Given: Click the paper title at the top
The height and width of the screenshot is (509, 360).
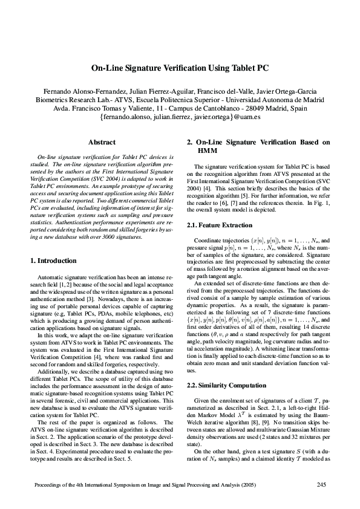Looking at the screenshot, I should [x=180, y=70].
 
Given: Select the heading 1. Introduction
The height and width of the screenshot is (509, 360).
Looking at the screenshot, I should [x=53, y=261].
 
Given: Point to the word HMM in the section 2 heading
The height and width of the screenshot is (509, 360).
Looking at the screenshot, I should [x=208, y=151].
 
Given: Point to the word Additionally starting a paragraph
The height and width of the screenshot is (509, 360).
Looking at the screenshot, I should [x=51, y=356].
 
